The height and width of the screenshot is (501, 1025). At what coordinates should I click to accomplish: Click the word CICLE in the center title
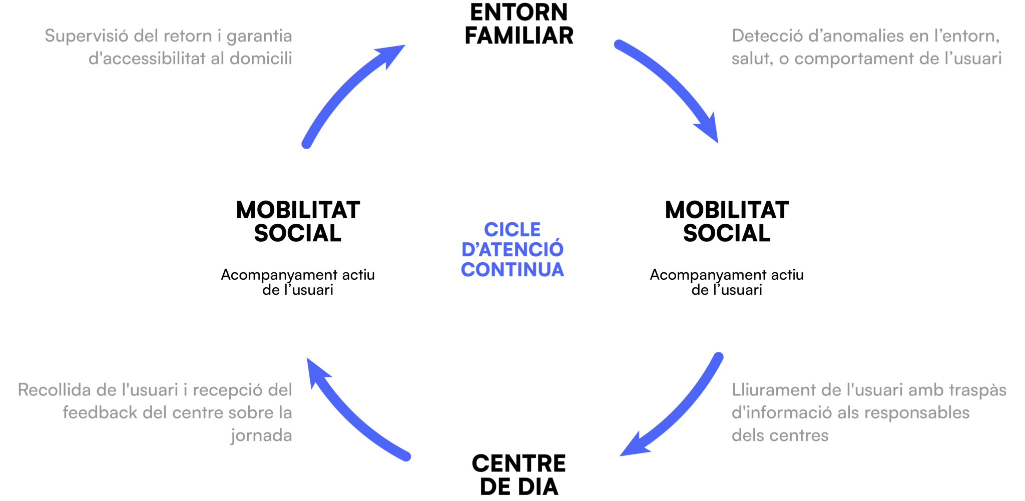point(512,230)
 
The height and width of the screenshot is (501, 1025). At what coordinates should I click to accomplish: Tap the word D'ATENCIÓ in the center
point(512,250)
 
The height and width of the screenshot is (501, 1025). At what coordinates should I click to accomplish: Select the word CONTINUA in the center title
point(512,270)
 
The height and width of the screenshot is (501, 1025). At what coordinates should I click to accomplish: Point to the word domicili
point(261,59)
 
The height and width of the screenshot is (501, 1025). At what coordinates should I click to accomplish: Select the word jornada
point(261,435)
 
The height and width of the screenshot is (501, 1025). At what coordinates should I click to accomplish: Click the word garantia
point(259,37)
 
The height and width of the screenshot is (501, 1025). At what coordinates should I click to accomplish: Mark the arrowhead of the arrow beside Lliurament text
point(634,447)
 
